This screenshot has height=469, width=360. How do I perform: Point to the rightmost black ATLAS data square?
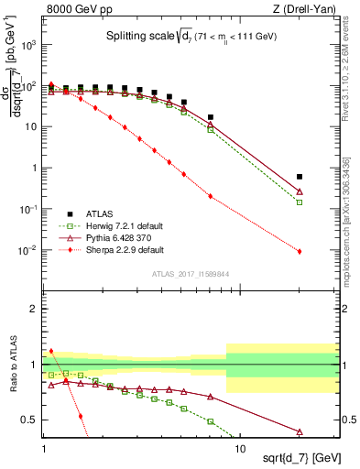pyautogui.click(x=300, y=176)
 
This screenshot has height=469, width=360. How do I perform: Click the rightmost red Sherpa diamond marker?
pyautogui.click(x=300, y=251)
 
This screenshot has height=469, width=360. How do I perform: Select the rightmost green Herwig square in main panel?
pyautogui.click(x=300, y=202)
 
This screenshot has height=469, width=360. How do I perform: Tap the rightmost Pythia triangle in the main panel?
pyautogui.click(x=300, y=191)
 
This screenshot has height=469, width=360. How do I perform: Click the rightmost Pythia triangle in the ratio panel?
pyautogui.click(x=300, y=431)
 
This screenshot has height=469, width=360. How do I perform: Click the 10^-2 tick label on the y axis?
pyautogui.click(x=29, y=250)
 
